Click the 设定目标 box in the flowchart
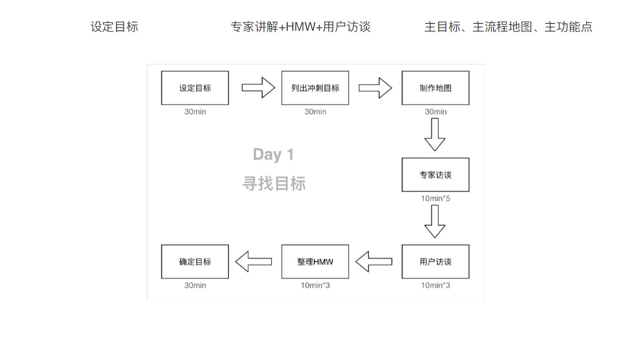tap(195, 88)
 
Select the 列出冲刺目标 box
tap(315, 88)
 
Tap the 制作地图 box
tap(435, 88)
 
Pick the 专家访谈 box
tap(435, 175)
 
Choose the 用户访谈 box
tap(435, 262)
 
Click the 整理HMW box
tap(315, 262)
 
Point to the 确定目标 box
tap(195, 262)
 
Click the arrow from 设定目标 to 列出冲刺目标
tap(258, 88)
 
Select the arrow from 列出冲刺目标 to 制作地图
tap(375, 88)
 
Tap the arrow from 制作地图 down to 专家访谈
tap(435, 134)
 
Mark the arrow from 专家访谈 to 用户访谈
tap(435, 221)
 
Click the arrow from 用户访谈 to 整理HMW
tap(374, 262)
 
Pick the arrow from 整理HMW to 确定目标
tap(254, 262)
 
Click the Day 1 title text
tap(273, 154)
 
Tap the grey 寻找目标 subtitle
tap(274, 183)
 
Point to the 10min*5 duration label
tap(435, 199)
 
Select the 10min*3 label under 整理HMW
tap(315, 285)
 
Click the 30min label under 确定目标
tap(195, 285)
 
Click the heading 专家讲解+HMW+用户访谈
tap(300, 27)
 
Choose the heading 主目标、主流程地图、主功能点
tap(508, 27)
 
